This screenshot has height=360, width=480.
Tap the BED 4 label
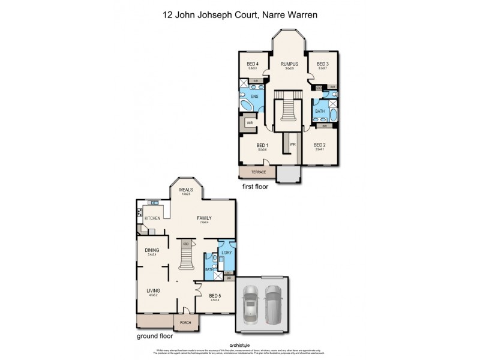pyautogui.click(x=253, y=64)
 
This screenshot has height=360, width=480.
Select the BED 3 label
pyautogui.click(x=323, y=64)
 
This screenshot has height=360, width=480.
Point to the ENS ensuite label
pyautogui.click(x=254, y=95)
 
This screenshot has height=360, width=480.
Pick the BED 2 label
pyautogui.click(x=319, y=145)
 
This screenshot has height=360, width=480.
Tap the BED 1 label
pyautogui.click(x=262, y=145)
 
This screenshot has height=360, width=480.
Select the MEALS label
pyautogui.click(x=185, y=190)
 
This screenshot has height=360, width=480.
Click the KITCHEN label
pyautogui.click(x=152, y=218)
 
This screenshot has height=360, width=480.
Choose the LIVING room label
pyautogui.click(x=154, y=292)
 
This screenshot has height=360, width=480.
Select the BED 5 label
pyautogui.click(x=215, y=296)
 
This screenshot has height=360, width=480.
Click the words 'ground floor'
pyautogui.click(x=154, y=337)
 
